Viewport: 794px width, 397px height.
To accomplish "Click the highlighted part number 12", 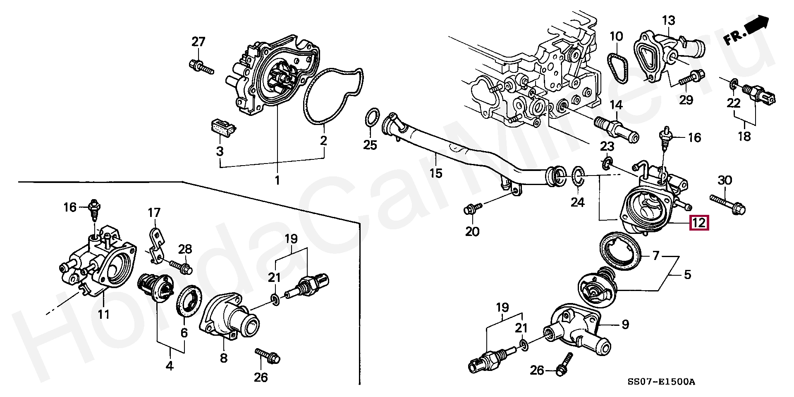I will (x=699, y=223).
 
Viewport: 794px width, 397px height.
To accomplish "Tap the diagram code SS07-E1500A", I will (x=661, y=382).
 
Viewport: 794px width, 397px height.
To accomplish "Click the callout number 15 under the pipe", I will (x=435, y=173).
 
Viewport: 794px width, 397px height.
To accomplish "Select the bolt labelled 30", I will (x=727, y=205).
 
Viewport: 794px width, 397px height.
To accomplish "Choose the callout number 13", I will (x=668, y=20).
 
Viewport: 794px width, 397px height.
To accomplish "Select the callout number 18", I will (x=744, y=136).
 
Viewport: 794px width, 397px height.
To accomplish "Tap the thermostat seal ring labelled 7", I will (x=620, y=252).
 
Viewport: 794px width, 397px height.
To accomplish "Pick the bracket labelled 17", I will (x=156, y=246).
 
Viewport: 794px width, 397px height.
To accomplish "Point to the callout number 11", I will (x=103, y=314).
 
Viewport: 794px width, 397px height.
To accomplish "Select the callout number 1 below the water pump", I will (x=277, y=180).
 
